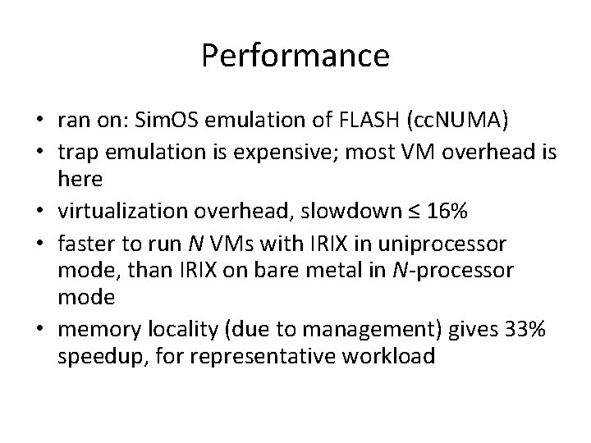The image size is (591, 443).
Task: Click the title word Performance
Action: pyautogui.click(x=295, y=56)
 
